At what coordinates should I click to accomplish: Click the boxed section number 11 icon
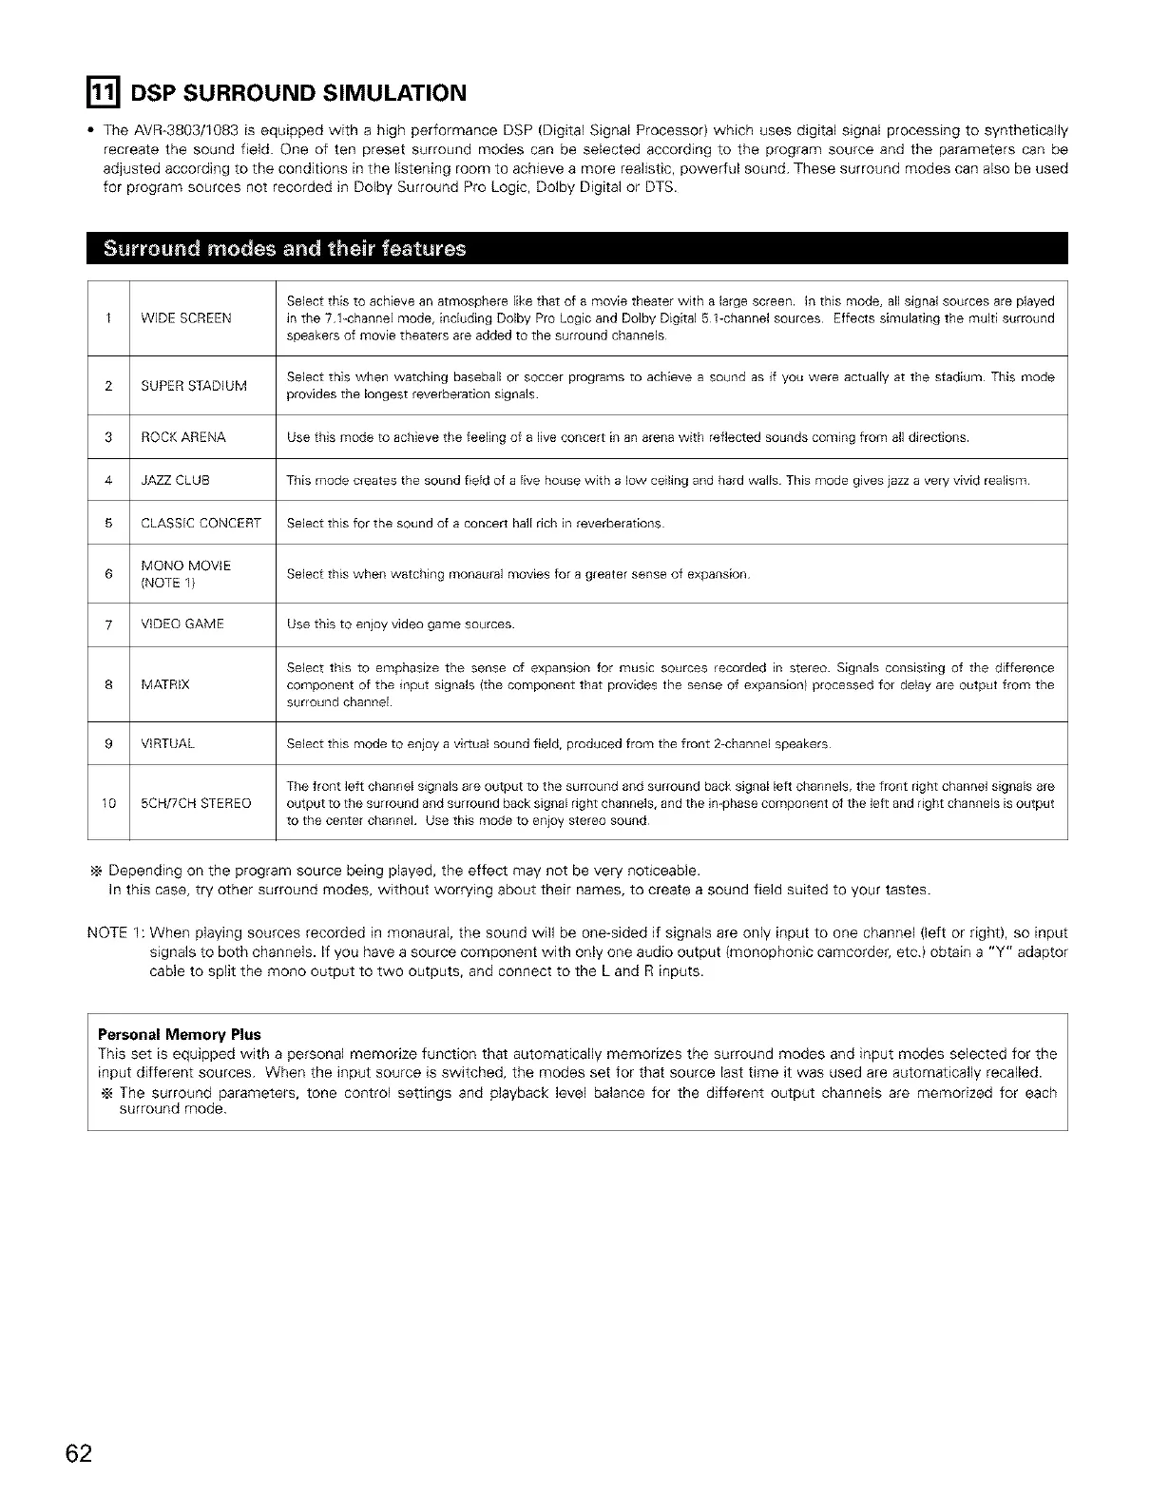click(x=103, y=92)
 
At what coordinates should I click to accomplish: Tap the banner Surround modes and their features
click(x=285, y=249)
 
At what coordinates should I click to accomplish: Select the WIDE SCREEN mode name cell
click(x=186, y=318)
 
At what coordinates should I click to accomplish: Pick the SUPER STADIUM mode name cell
click(x=194, y=386)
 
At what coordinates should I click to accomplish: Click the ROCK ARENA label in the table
click(x=183, y=437)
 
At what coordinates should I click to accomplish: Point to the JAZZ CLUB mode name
click(x=175, y=480)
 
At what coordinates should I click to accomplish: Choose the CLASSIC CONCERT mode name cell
click(x=201, y=524)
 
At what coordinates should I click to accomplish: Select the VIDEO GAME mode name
click(x=182, y=624)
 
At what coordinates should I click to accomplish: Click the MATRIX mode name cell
click(x=164, y=684)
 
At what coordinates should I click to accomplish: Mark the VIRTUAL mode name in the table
click(x=167, y=743)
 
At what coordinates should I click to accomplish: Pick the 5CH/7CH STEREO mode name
click(x=196, y=803)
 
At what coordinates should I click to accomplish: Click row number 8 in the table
click(x=109, y=684)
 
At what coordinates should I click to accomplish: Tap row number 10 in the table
click(x=109, y=803)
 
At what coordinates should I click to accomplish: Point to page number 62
click(x=79, y=1454)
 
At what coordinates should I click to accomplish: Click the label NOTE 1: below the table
click(x=115, y=932)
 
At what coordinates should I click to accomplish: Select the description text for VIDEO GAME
click(x=400, y=624)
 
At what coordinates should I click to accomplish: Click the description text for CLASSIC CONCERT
click(x=475, y=524)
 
